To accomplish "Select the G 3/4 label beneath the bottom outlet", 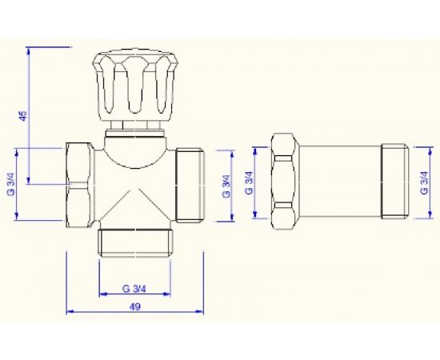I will coord(135,287).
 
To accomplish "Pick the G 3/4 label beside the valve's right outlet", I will coord(226,185).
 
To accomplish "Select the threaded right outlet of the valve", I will coord(190,185).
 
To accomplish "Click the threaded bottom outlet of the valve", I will coord(135,241).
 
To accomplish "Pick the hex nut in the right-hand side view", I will coord(285,182).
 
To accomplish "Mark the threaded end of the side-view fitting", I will coord(394,182).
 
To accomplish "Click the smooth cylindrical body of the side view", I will coord(340,182).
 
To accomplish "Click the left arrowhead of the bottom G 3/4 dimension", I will coord(101,294).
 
